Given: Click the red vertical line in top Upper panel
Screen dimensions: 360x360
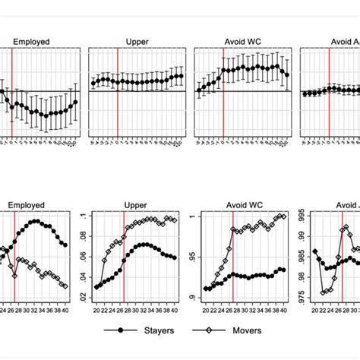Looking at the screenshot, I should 117,91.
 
